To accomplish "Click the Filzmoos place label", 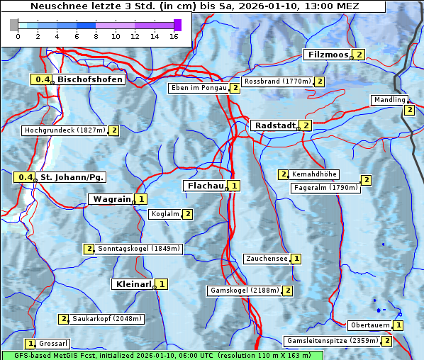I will (x=328, y=55).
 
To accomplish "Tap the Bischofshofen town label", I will (x=90, y=80).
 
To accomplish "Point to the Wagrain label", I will (x=111, y=199).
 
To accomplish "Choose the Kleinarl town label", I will (x=133, y=284).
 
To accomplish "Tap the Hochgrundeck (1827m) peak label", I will (x=65, y=130).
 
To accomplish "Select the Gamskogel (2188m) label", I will (x=244, y=291).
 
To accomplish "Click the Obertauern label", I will (x=370, y=325).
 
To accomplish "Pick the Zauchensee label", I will (x=267, y=259).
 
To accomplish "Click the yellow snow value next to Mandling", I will (x=409, y=110).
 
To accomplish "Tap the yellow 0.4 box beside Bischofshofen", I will (x=43, y=80).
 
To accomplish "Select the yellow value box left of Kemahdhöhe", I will (x=284, y=174).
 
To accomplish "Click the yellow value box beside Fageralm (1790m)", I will (x=366, y=180).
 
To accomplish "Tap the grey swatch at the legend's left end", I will (x=14, y=25).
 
